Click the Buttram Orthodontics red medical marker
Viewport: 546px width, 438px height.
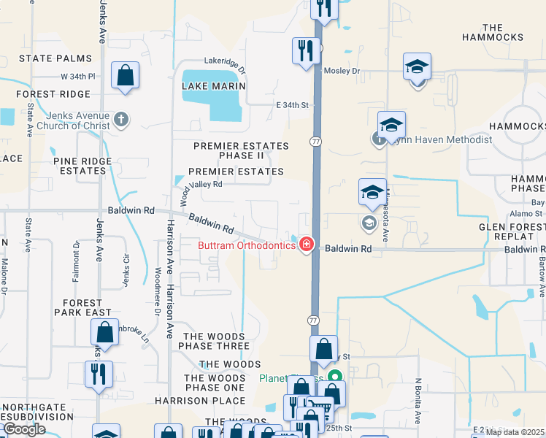click(307, 245)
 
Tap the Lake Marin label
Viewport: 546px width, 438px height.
click(213, 85)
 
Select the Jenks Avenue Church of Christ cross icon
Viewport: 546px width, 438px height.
click(121, 118)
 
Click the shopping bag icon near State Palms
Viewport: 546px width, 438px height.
click(126, 74)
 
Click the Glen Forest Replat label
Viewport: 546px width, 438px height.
click(512, 232)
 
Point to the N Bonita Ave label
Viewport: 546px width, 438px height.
click(419, 401)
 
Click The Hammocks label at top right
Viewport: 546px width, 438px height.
click(493, 32)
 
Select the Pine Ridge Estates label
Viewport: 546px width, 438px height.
click(80, 165)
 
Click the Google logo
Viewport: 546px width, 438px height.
click(24, 429)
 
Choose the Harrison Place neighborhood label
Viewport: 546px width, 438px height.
click(199, 401)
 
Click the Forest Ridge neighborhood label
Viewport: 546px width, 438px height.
click(53, 94)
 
